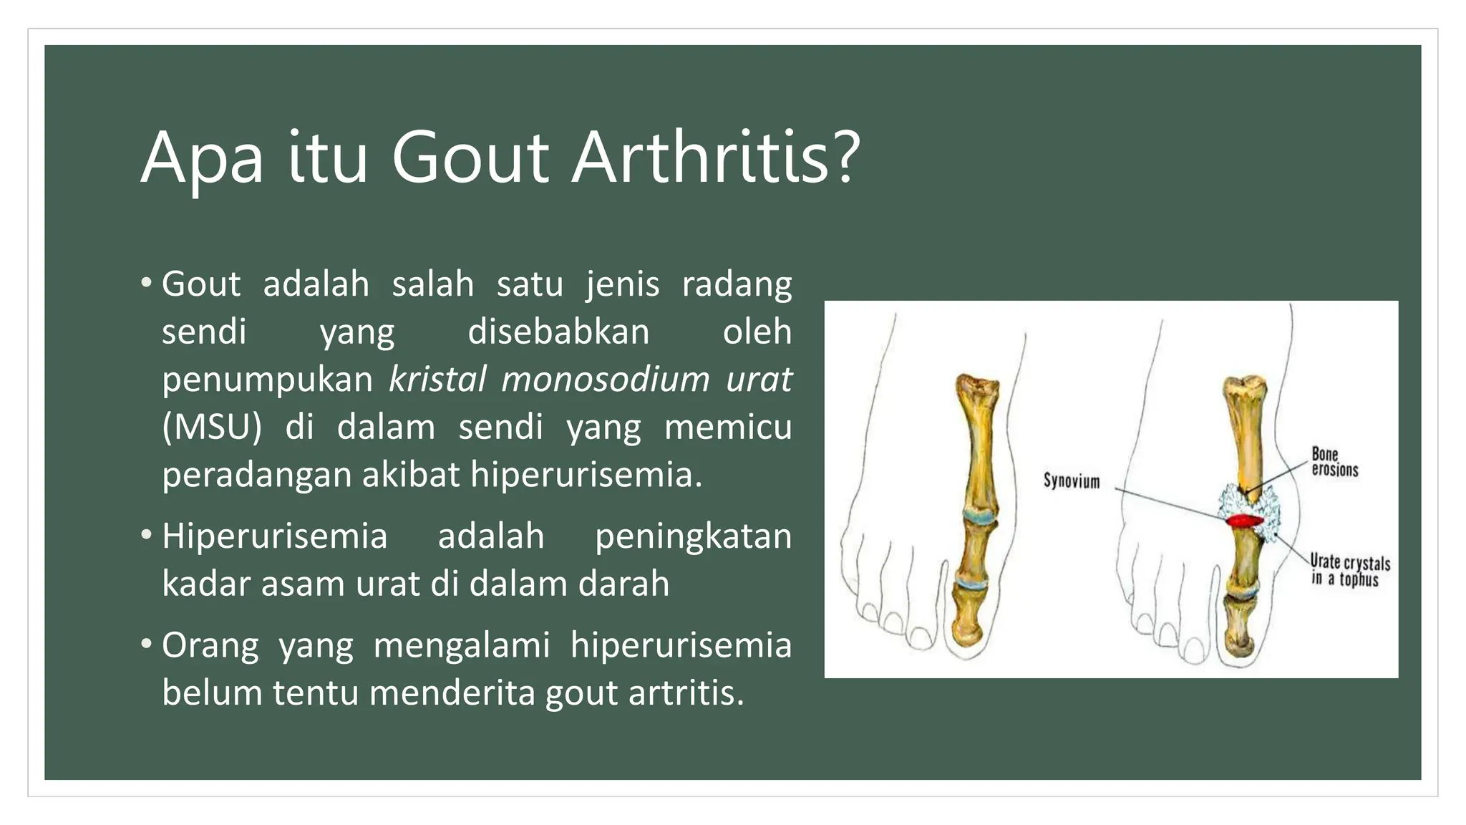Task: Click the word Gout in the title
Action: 470,158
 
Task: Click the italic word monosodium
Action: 606,379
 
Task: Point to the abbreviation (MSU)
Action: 212,428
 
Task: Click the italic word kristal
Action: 437,379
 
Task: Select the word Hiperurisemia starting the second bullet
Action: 274,536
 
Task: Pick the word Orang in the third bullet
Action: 210,646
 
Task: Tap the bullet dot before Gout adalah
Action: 147,282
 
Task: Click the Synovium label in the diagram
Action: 1071,481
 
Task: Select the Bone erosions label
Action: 1334,462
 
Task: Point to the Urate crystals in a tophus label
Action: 1349,570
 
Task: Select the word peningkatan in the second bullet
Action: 692,536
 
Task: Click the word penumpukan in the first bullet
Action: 267,380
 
